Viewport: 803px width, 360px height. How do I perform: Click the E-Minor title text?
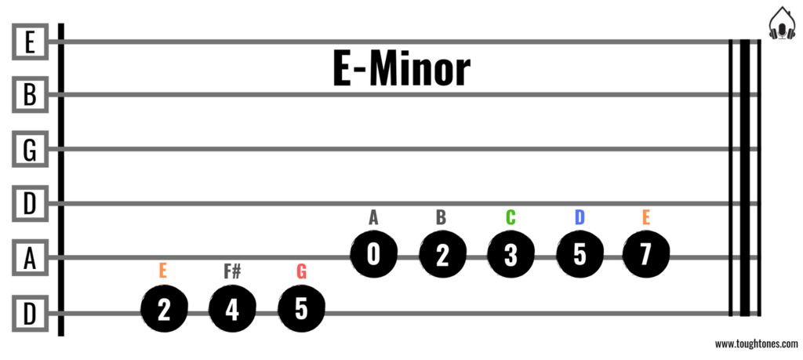pos(401,71)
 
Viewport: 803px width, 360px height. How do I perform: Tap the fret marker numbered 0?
pos(372,255)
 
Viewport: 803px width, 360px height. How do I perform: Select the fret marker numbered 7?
pos(646,255)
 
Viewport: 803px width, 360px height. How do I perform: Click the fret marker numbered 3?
pos(511,255)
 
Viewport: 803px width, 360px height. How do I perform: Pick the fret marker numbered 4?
pos(232,311)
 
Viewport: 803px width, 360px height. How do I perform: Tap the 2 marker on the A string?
pos(441,255)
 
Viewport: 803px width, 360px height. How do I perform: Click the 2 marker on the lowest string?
pos(163,311)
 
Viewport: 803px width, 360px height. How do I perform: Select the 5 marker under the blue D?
pos(579,255)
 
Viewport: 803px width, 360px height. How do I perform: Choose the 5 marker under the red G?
pos(301,311)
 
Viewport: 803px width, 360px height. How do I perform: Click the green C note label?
pos(511,217)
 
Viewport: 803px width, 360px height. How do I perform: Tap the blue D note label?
pos(579,217)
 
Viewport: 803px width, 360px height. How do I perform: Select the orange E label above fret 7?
pos(646,217)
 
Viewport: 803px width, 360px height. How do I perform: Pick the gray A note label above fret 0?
pos(373,217)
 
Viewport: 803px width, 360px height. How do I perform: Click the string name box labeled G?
pos(30,149)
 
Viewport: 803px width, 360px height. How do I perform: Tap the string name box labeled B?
pos(30,95)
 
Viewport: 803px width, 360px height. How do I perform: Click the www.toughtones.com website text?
pos(755,344)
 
